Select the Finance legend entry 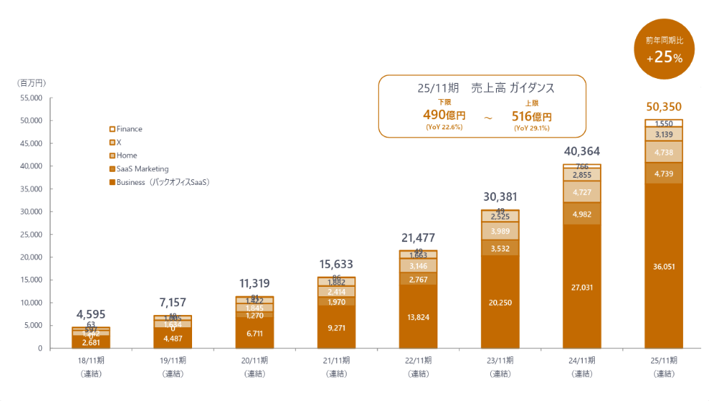pyautogui.click(x=129, y=129)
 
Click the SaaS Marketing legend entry pyautogui.click(x=142, y=169)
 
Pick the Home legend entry pyautogui.click(x=126, y=155)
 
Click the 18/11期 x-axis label pyautogui.click(x=92, y=360)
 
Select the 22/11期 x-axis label pyautogui.click(x=419, y=360)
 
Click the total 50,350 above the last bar pyautogui.click(x=664, y=107)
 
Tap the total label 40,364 pyautogui.click(x=582, y=152)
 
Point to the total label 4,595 pyautogui.click(x=91, y=314)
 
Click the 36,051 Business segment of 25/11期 pyautogui.click(x=664, y=266)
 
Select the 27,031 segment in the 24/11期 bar pyautogui.click(x=582, y=287)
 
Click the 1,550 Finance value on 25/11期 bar pyautogui.click(x=664, y=124)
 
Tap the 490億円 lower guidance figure pyautogui.click(x=444, y=115)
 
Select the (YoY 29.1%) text pyautogui.click(x=531, y=128)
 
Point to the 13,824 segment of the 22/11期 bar pyautogui.click(x=419, y=317)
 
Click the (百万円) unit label pyautogui.click(x=31, y=84)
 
